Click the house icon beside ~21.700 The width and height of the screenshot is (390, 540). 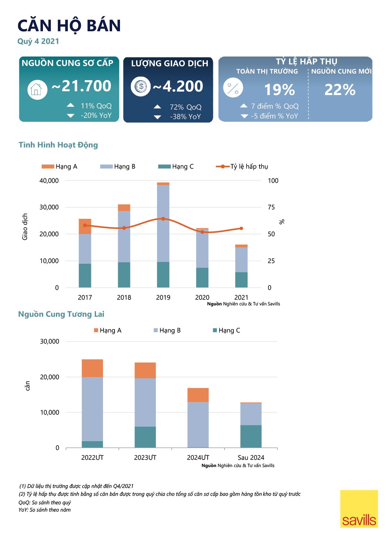coord(37,89)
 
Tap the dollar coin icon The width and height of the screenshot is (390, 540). coord(141,86)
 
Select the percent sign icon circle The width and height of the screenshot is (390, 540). coord(233,87)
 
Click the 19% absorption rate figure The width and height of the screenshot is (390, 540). coord(279,90)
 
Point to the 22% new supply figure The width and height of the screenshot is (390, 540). coord(340,90)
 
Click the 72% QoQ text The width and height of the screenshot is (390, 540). coord(185,107)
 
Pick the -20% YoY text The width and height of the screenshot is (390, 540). coord(96,116)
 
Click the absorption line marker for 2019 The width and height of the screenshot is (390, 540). coord(163,219)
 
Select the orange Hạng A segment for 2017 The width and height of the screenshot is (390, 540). coord(85,226)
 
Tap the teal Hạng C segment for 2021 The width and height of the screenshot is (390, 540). coord(241,280)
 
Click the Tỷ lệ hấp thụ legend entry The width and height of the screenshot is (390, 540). coord(242,167)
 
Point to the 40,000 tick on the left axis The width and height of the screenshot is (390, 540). coord(49,181)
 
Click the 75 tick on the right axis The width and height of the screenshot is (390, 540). coord(271,207)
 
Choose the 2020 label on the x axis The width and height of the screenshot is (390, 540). coord(202,297)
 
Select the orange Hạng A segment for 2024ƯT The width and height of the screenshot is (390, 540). coord(198,395)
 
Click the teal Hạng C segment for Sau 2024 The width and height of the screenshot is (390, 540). coord(251,436)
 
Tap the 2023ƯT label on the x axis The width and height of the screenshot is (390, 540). coord(145,458)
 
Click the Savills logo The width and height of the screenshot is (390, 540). coord(359,509)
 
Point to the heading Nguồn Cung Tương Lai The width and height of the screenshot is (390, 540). coord(61,314)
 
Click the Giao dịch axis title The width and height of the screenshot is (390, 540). coord(25,227)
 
